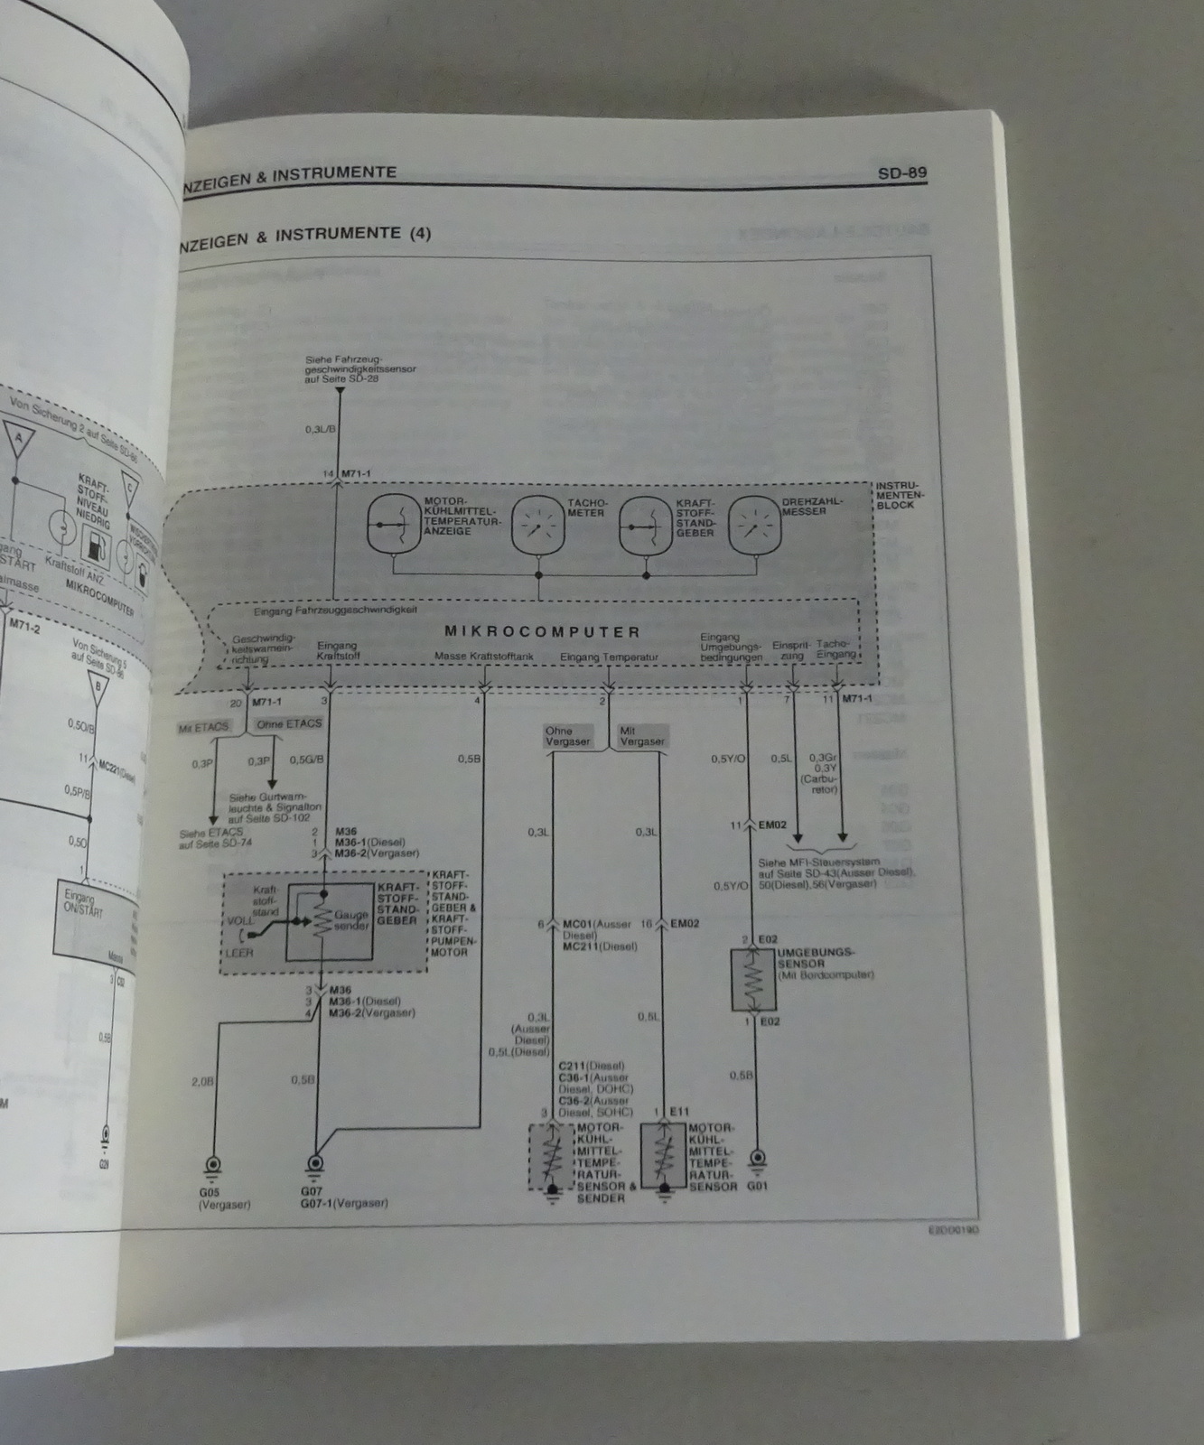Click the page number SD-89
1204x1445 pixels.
tap(901, 172)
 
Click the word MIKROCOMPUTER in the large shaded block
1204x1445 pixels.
tap(543, 632)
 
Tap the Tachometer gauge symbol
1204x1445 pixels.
tap(539, 524)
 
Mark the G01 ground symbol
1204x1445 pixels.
tap(759, 1158)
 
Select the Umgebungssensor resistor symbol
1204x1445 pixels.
tap(752, 979)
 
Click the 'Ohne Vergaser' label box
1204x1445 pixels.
tap(566, 735)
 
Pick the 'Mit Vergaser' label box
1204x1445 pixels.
tap(641, 735)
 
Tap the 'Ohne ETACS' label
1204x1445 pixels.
tap(288, 724)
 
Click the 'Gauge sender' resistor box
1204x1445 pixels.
tap(327, 920)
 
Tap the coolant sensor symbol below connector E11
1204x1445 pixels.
tap(664, 1157)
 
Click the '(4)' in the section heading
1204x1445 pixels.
tap(420, 234)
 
